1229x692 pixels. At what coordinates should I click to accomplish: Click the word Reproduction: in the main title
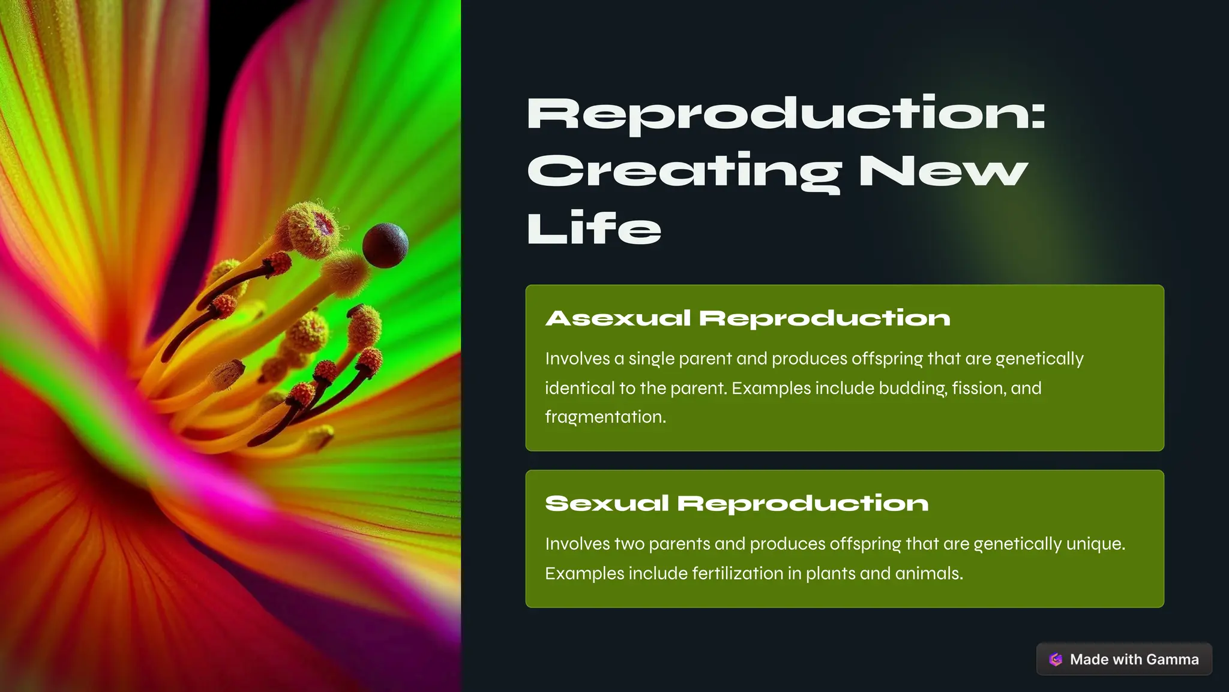(786, 114)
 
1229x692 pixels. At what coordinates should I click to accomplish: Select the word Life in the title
(594, 228)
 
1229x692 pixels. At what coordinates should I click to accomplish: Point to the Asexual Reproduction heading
(748, 318)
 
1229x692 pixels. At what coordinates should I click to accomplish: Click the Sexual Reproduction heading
(737, 504)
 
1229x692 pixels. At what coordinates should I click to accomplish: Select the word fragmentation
(605, 417)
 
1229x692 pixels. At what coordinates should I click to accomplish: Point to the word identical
(580, 389)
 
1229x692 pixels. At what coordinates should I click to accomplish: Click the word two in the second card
(630, 544)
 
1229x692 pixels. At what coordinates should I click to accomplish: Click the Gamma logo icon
(1056, 660)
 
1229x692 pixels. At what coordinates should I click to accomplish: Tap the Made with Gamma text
(1134, 660)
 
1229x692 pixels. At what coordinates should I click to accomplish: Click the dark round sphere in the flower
(385, 245)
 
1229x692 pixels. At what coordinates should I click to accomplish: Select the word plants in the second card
(831, 574)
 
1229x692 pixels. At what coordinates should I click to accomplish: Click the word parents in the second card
(679, 544)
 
